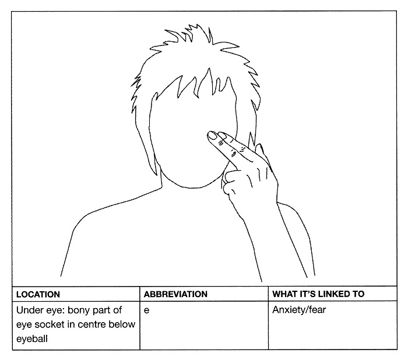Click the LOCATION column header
pos(38,294)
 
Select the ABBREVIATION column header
pos(175,294)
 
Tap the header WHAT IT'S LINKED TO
pos(318,294)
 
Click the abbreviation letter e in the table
pos(147,310)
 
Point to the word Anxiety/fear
pos(299,310)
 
